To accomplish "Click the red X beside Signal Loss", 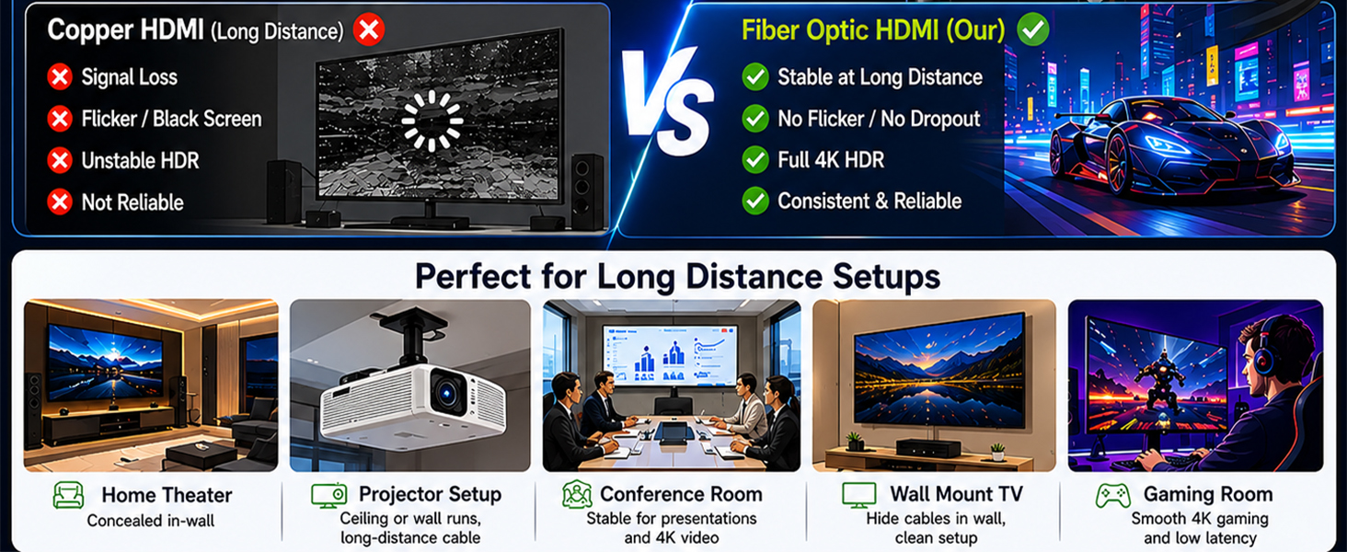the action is [60, 77].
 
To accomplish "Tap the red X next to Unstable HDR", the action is [60, 161].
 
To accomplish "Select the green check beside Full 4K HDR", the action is [755, 160].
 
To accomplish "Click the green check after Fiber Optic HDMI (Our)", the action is [1033, 29].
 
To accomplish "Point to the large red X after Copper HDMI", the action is [369, 29].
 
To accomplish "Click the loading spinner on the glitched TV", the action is [432, 121].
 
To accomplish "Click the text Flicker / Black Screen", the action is [171, 119].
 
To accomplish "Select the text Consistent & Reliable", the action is [869, 201].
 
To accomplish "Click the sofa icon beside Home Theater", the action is [69, 495].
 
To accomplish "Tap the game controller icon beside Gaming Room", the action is [1113, 496].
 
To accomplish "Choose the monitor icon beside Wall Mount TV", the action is [858, 495].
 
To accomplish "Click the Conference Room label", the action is [681, 494].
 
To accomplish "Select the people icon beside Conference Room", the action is [577, 494].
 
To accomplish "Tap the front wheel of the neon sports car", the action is [1118, 164].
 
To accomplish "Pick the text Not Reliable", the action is [132, 202].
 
